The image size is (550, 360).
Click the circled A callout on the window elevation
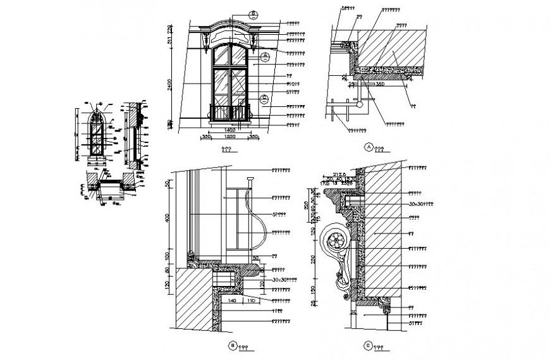point(266,56)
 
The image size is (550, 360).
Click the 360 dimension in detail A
point(380,83)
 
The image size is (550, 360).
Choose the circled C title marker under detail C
point(369,346)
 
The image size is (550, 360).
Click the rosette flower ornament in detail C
point(335,242)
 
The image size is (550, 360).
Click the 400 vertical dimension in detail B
point(169,217)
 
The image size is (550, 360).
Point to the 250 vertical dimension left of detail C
point(314,259)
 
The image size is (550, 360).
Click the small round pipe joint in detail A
point(360,101)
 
